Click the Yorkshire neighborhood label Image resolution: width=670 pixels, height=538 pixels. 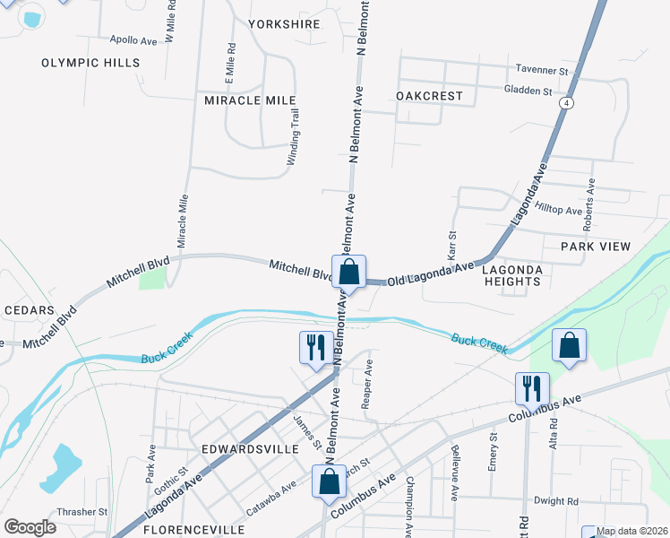[x=284, y=24]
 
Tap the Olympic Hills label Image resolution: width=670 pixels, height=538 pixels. [x=90, y=63]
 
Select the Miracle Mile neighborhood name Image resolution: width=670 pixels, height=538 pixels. [x=250, y=100]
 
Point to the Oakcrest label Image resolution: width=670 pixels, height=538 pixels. [x=429, y=96]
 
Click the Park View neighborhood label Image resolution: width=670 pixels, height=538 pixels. [x=596, y=246]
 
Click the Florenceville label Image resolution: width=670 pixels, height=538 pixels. [x=193, y=530]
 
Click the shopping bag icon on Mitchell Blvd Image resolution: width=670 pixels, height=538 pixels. [x=349, y=272]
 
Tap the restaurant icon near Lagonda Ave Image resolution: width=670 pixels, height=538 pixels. [x=315, y=347]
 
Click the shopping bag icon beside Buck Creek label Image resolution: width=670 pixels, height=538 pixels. [x=569, y=346]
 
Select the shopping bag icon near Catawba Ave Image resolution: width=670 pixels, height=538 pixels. [x=330, y=482]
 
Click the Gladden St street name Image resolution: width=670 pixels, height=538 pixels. [x=528, y=91]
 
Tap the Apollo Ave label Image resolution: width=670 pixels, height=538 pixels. [x=133, y=40]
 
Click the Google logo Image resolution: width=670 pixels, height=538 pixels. [x=30, y=527]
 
